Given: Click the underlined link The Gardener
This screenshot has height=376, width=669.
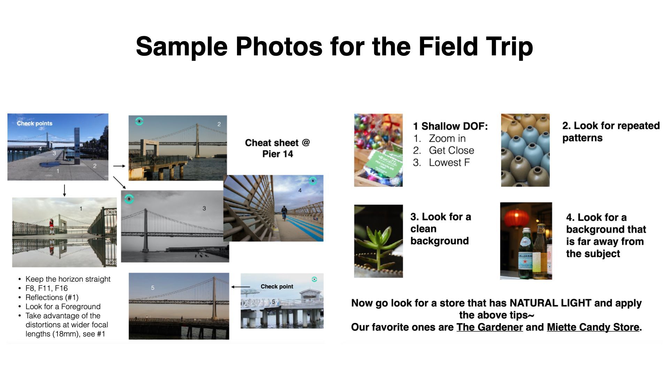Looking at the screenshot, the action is [490, 327].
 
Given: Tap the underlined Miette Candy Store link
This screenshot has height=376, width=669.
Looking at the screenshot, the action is [593, 327].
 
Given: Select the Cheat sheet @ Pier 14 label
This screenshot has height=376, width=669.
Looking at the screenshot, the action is [277, 148].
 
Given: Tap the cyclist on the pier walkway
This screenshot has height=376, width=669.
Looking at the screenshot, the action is [284, 213].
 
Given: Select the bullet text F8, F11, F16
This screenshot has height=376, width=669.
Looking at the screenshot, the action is [47, 288].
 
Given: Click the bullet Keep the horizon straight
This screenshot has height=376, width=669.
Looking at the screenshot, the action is [68, 279].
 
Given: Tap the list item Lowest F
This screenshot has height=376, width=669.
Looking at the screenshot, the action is [449, 163].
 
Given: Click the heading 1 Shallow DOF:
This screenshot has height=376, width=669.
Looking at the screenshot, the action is [451, 126].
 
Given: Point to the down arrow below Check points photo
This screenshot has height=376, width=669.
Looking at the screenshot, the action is [64, 190].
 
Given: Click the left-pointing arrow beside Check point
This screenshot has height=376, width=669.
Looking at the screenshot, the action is [241, 287].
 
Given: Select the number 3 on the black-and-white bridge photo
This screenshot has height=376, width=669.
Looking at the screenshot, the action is [204, 208].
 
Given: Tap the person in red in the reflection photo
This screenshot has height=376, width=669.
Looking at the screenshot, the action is [52, 226].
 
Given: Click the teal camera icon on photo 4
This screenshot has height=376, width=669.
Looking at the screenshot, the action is [313, 181].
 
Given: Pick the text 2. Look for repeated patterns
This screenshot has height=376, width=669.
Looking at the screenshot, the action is [611, 132].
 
